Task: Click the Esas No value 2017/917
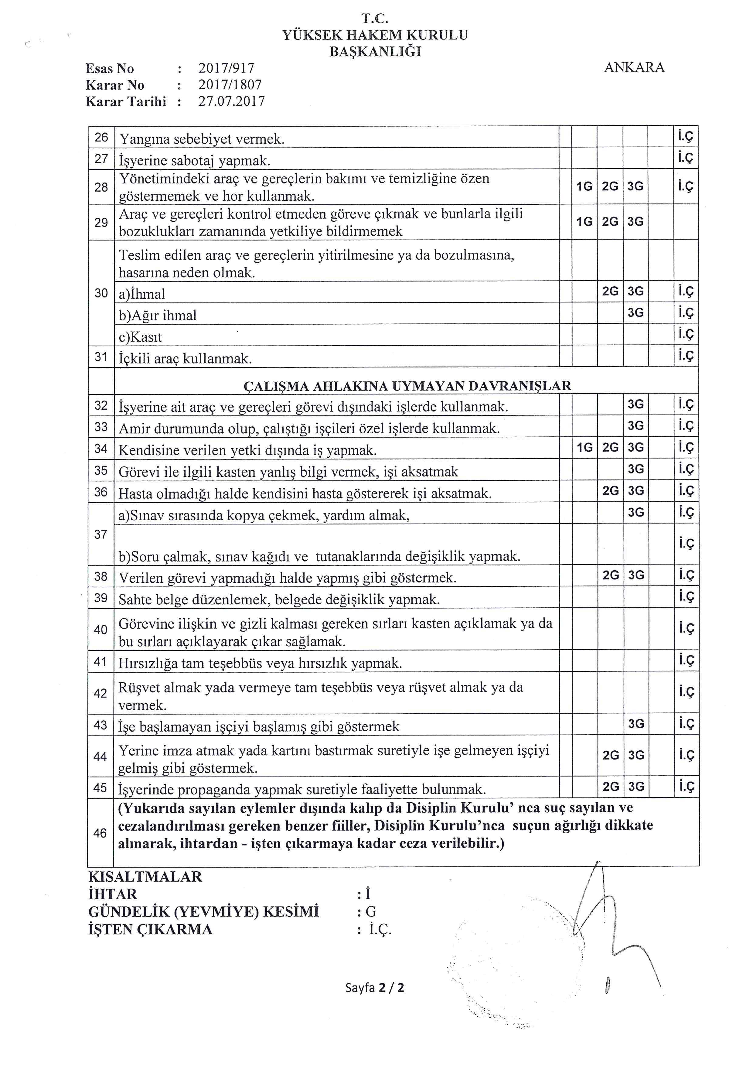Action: (226, 68)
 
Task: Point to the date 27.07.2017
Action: (231, 101)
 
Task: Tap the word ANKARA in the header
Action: (634, 67)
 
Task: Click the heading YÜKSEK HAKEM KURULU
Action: (375, 35)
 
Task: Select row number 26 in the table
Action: (101, 137)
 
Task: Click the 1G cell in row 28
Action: (584, 186)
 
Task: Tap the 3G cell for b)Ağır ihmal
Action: (635, 312)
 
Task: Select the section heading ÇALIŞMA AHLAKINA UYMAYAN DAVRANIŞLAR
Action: (407, 386)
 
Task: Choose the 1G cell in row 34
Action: (584, 447)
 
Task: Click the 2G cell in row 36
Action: (610, 491)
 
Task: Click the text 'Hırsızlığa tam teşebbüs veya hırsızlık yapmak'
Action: (260, 663)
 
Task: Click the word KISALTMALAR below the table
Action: (145, 877)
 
